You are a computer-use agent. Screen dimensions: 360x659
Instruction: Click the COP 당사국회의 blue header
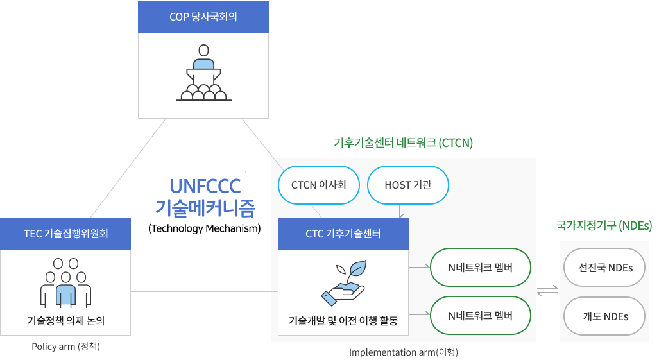click(x=203, y=17)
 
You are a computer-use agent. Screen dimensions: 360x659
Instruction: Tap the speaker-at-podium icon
click(x=204, y=73)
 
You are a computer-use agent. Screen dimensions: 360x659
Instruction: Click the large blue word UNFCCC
click(x=205, y=186)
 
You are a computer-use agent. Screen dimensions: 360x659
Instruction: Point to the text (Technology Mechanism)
click(x=204, y=228)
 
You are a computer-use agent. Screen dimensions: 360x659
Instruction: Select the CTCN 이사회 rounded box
click(x=319, y=185)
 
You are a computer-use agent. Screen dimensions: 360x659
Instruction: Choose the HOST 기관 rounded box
click(x=407, y=185)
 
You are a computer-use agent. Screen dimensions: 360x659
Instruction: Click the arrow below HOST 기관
click(x=400, y=212)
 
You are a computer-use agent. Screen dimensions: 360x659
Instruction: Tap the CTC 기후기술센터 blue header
click(x=343, y=234)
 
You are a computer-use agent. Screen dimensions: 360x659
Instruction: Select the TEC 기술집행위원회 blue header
click(x=66, y=234)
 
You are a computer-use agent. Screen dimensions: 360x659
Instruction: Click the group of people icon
click(x=66, y=282)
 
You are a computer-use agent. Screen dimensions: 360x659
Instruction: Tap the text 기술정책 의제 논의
click(x=66, y=320)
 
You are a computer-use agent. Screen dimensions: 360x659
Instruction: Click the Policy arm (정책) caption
click(x=66, y=347)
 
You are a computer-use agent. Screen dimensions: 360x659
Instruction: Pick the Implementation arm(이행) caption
click(x=404, y=352)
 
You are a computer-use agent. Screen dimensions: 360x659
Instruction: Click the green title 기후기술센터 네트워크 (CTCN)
click(x=403, y=142)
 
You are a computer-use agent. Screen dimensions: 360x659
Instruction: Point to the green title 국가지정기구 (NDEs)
click(x=604, y=225)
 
